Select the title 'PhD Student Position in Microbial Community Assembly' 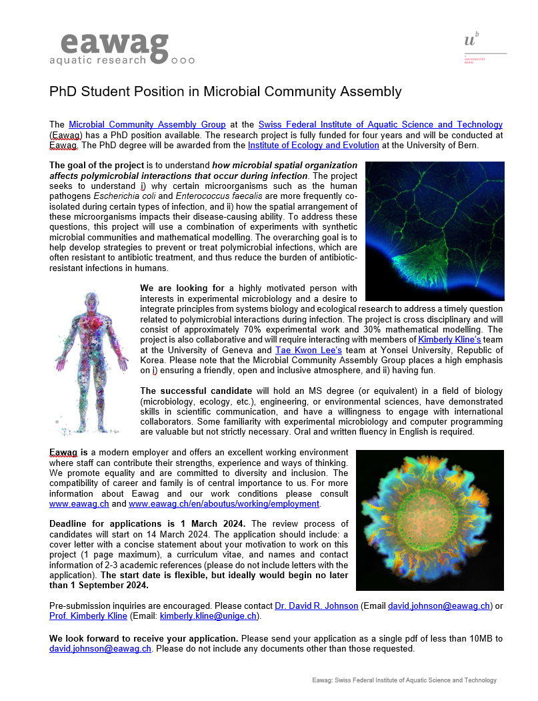pyautogui.click(x=225, y=91)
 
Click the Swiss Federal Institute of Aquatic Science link pyautogui.click(x=380, y=125)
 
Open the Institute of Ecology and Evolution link pyautogui.click(x=313, y=146)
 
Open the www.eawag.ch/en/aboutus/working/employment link pyautogui.click(x=224, y=504)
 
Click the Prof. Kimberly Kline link pyautogui.click(x=88, y=616)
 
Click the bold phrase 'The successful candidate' pyautogui.click(x=195, y=391)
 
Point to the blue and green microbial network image pyautogui.click(x=435, y=231)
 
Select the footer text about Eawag pyautogui.click(x=404, y=680)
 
